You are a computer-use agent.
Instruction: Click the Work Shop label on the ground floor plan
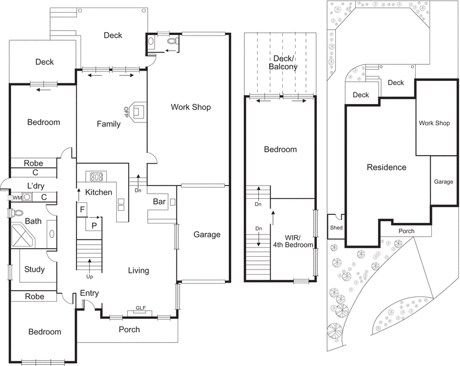(x=191, y=107)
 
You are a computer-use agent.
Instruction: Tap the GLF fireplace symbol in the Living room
(x=140, y=309)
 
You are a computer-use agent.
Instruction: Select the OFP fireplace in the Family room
(x=139, y=111)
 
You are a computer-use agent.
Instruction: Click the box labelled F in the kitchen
(x=82, y=210)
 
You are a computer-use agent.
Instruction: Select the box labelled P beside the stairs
(x=93, y=225)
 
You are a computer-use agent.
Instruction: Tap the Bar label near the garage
(x=159, y=202)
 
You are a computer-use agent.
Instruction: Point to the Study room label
(x=34, y=269)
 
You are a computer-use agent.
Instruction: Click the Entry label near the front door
(x=89, y=293)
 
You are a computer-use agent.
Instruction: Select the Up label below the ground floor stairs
(x=90, y=276)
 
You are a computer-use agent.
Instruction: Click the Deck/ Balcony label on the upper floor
(x=283, y=62)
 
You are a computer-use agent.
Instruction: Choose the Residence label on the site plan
(x=386, y=168)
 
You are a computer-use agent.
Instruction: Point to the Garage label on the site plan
(x=443, y=182)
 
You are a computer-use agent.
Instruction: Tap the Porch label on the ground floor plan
(x=129, y=329)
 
